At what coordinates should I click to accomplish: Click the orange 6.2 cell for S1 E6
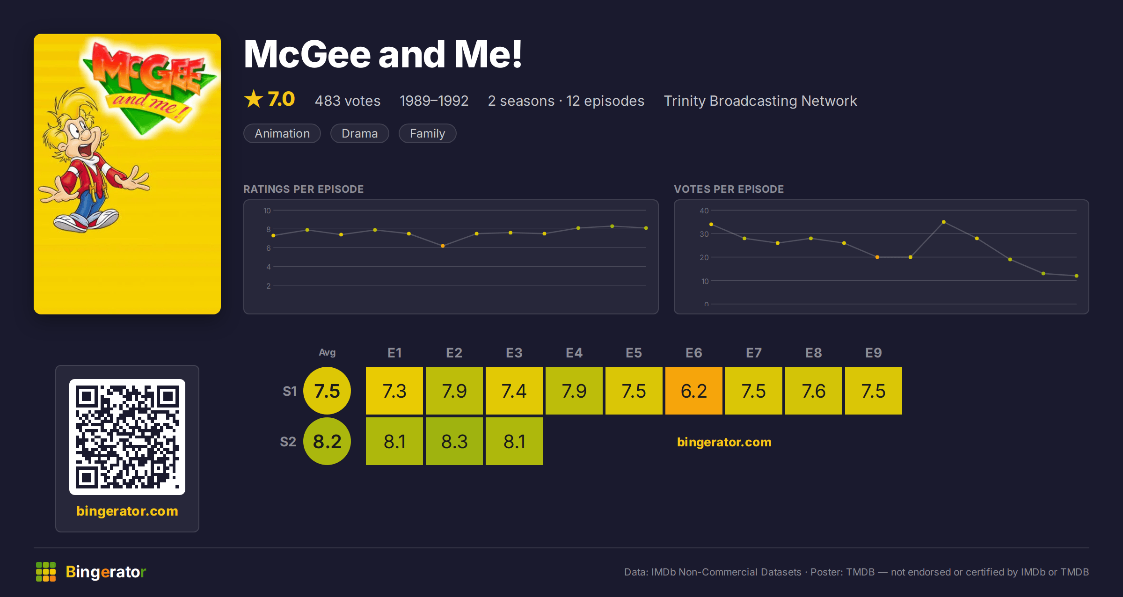(693, 391)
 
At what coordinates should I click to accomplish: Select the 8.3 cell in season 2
(454, 441)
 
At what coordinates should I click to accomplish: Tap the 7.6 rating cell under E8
(813, 391)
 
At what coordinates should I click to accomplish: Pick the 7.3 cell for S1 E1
(394, 391)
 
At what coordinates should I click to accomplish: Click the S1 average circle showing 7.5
(327, 391)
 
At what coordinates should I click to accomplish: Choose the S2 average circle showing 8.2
(327, 441)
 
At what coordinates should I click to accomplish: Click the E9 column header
(873, 353)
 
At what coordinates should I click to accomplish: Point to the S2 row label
(288, 442)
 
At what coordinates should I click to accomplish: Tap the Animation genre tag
(282, 133)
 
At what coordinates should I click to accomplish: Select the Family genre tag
(427, 133)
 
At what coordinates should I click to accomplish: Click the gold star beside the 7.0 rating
(254, 99)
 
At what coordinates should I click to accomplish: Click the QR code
(127, 437)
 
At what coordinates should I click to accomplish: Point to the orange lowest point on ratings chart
(443, 246)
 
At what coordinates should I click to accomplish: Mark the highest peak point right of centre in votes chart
(943, 222)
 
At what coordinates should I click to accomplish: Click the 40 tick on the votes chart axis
(704, 211)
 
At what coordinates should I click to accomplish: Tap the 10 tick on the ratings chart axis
(267, 211)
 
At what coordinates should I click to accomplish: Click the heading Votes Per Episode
(729, 189)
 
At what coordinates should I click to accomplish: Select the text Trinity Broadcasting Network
(760, 101)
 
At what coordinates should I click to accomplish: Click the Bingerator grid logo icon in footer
(46, 572)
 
